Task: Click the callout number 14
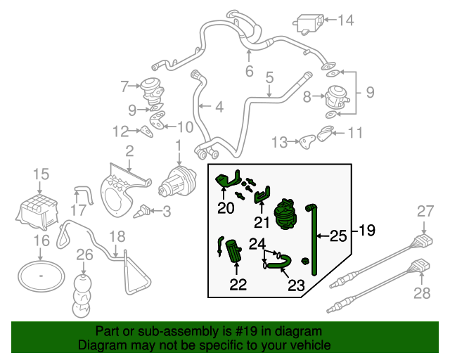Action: pyautogui.click(x=345, y=20)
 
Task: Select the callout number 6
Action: pyautogui.click(x=249, y=71)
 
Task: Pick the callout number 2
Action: pyautogui.click(x=129, y=150)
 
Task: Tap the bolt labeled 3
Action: pyautogui.click(x=146, y=210)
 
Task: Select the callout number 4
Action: pyautogui.click(x=219, y=108)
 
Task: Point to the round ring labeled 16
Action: pyautogui.click(x=40, y=276)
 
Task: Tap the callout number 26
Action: pyautogui.click(x=84, y=255)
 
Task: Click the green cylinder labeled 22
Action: pyautogui.click(x=234, y=250)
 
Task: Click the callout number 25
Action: pyautogui.click(x=339, y=236)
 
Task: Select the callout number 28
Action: pyautogui.click(x=421, y=293)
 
